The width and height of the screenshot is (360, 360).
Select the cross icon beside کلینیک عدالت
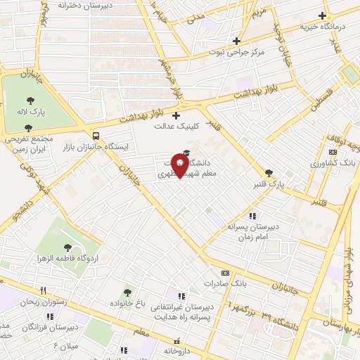[x=176, y=115]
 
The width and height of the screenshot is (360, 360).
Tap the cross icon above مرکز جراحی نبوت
[x=237, y=41]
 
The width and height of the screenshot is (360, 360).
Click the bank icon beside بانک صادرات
[x=225, y=272]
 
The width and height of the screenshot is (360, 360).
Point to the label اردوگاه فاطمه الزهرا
[x=66, y=258]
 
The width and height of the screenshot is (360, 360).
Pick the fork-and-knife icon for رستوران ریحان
[x=43, y=290]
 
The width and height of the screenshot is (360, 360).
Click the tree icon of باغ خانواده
[x=127, y=292]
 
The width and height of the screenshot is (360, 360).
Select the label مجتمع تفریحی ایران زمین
[x=28, y=144]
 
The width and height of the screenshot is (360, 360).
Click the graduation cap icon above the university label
[x=186, y=153]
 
